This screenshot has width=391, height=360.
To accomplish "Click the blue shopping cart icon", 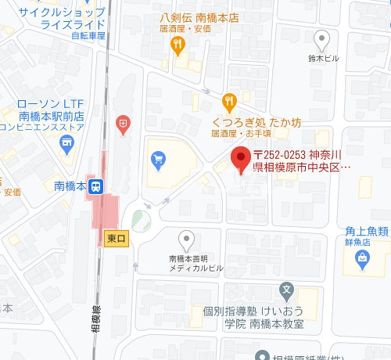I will coord(159,161).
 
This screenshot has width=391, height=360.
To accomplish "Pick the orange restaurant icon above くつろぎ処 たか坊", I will coord(228,100).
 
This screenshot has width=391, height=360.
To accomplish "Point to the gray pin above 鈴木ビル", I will coord(321,38).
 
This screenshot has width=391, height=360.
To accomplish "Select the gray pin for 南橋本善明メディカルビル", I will coord(186,239).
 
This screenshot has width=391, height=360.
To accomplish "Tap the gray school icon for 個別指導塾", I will coord(287,290).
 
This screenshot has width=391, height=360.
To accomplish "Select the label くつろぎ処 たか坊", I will coord(256,122).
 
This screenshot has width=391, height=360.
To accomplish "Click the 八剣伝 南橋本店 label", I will coord(199,16).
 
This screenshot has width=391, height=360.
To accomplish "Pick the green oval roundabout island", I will coord(141,220).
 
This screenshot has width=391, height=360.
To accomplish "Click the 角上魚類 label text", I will coord(367,231).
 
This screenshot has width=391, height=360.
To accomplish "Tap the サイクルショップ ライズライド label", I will coord(52,18).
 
